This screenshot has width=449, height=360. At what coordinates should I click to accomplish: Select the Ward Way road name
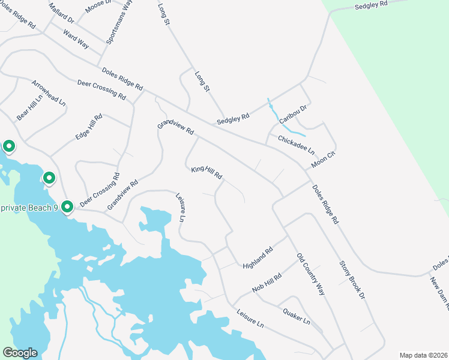click(x=76, y=40)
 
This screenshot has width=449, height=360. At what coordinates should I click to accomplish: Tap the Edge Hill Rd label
click(x=89, y=127)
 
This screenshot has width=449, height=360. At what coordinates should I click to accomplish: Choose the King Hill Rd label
click(x=206, y=173)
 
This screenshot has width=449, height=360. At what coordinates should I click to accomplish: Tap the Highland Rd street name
click(x=258, y=257)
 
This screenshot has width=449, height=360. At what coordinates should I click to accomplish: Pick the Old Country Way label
click(x=310, y=274)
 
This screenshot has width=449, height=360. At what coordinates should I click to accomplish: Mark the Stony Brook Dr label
click(x=352, y=279)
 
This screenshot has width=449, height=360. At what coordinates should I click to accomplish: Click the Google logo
click(x=20, y=353)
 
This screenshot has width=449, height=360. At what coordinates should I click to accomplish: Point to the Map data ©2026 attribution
click(x=423, y=355)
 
